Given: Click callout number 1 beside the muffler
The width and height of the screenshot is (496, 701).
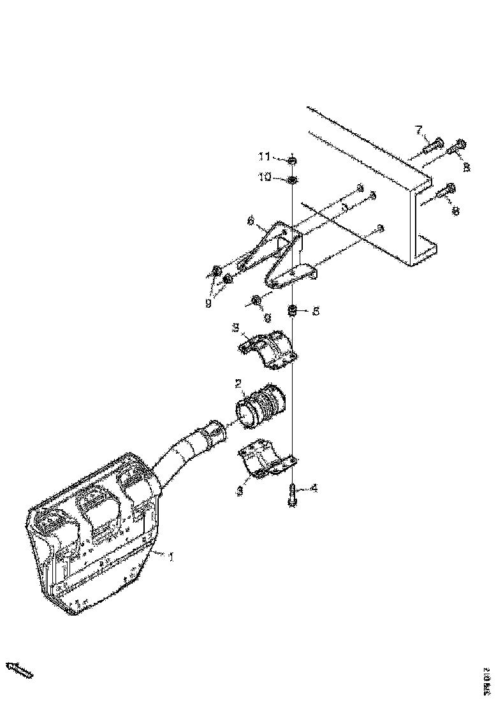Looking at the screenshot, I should [171, 556].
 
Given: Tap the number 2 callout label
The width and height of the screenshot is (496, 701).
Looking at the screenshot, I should [237, 384].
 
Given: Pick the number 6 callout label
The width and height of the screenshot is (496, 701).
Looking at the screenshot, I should [251, 221].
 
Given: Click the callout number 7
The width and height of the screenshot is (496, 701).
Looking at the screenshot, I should [419, 131].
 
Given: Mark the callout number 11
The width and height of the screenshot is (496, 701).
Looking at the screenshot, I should [265, 156].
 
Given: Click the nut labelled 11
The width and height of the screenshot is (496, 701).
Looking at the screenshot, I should [292, 158].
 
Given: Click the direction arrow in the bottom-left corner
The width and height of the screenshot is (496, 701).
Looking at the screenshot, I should [19, 669].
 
